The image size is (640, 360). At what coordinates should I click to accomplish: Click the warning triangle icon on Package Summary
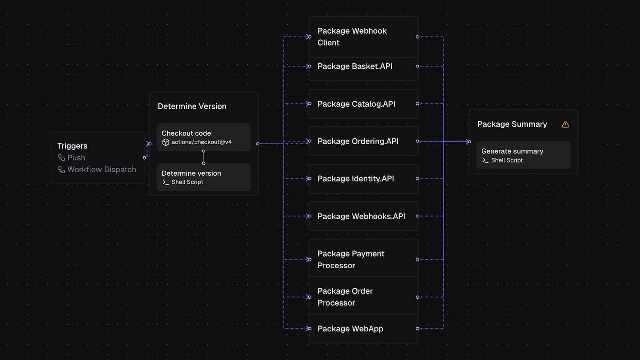pyautogui.click(x=565, y=125)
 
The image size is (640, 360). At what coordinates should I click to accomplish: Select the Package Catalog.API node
pyautogui.click(x=363, y=104)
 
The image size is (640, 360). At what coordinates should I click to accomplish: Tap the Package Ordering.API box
pyautogui.click(x=363, y=141)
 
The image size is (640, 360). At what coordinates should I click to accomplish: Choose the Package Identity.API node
pyautogui.click(x=363, y=179)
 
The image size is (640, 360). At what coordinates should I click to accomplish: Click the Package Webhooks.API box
pyautogui.click(x=363, y=216)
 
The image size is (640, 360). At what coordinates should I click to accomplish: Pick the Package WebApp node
pyautogui.click(x=363, y=328)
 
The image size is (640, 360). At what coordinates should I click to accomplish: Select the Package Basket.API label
pyautogui.click(x=355, y=67)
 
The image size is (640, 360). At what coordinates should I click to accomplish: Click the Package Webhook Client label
pyautogui.click(x=352, y=37)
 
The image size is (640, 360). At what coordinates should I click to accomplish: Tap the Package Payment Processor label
pyautogui.click(x=351, y=259)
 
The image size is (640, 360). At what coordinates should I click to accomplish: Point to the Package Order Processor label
pyautogui.click(x=345, y=297)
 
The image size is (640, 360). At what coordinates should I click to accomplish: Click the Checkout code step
pyautogui.click(x=204, y=137)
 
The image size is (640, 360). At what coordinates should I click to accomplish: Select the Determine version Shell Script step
pyautogui.click(x=204, y=177)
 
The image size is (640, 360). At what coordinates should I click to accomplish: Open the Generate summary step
pyautogui.click(x=523, y=155)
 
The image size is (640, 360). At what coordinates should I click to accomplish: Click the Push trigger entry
pyautogui.click(x=76, y=158)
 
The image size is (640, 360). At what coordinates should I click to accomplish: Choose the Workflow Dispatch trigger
pyautogui.click(x=102, y=170)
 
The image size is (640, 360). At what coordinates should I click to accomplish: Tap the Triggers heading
pyautogui.click(x=72, y=146)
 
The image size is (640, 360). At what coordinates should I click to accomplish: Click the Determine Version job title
pyautogui.click(x=192, y=106)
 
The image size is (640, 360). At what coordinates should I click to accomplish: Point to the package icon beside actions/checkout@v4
pyautogui.click(x=166, y=142)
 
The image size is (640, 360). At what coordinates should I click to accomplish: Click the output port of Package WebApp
pyautogui.click(x=417, y=328)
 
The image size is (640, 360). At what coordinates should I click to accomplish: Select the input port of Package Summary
pyautogui.click(x=469, y=142)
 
